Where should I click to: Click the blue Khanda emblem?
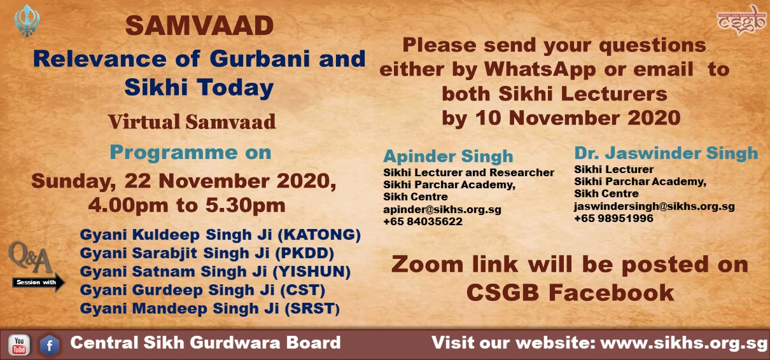(27, 20)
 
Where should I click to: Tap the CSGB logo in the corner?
(741, 20)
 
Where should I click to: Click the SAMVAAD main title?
(199, 26)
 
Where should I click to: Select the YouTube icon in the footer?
(19, 345)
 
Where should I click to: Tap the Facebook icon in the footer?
(50, 345)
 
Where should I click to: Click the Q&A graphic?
(31, 258)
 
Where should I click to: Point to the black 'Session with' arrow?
(38, 282)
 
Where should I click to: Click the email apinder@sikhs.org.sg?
(442, 209)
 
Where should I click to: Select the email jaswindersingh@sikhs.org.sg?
(654, 207)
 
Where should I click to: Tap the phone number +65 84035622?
(423, 221)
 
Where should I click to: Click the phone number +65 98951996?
(613, 218)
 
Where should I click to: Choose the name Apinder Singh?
(448, 156)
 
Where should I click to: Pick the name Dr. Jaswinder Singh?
(666, 153)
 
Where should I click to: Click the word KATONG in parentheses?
(319, 235)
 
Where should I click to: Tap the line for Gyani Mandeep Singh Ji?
(210, 308)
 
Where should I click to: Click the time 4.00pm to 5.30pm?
(186, 205)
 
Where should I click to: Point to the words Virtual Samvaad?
(192, 122)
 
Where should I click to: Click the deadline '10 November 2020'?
(578, 118)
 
